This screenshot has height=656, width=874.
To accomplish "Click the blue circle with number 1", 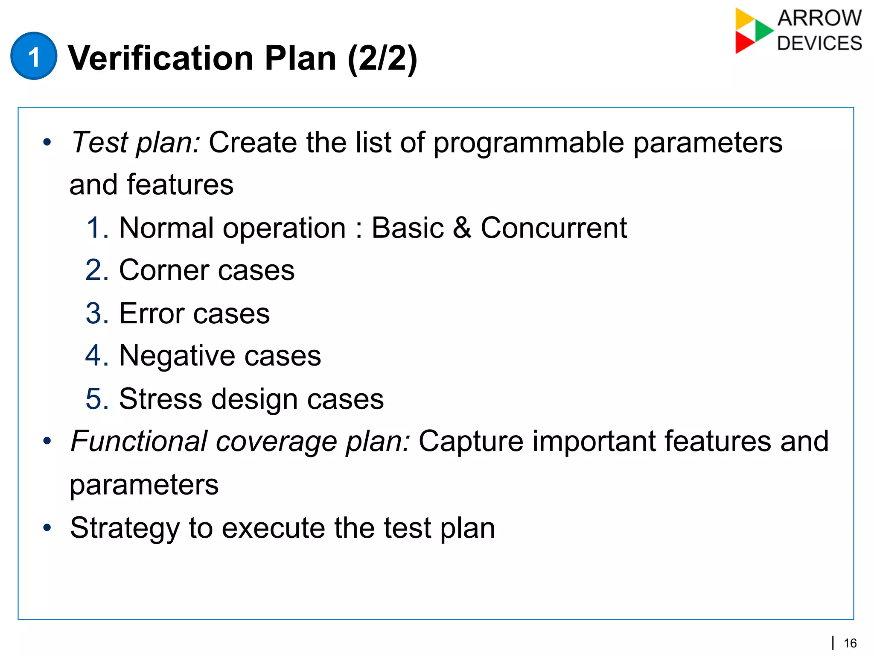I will click(x=34, y=56).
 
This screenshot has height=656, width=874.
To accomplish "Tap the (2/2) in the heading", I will click(x=382, y=59).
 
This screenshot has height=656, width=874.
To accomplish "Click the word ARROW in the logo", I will click(x=819, y=18).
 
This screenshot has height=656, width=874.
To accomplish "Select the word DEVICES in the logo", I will click(x=819, y=44).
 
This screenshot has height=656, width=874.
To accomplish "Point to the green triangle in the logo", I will click(x=763, y=30).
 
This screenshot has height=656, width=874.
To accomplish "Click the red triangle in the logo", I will click(x=743, y=42).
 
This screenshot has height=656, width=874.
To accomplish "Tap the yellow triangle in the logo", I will click(x=743, y=18).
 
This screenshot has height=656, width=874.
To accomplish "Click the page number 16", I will click(x=850, y=643).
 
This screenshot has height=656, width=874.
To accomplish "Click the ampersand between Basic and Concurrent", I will click(x=462, y=228).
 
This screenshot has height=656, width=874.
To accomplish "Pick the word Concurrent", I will click(x=554, y=228).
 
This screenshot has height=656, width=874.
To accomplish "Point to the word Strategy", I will click(x=125, y=528).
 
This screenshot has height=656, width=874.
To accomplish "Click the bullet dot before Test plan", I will click(x=47, y=143).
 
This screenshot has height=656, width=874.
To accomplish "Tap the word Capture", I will click(x=471, y=442).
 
